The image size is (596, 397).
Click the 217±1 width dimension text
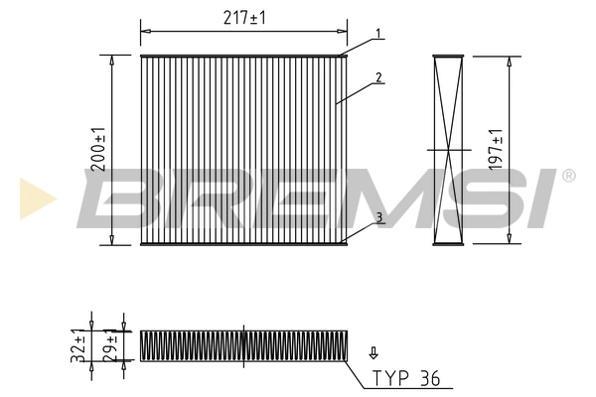(x=243, y=18)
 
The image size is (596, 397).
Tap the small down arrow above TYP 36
(x=373, y=351)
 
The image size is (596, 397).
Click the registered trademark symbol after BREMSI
(x=568, y=176)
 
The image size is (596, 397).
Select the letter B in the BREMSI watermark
(x=124, y=197)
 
